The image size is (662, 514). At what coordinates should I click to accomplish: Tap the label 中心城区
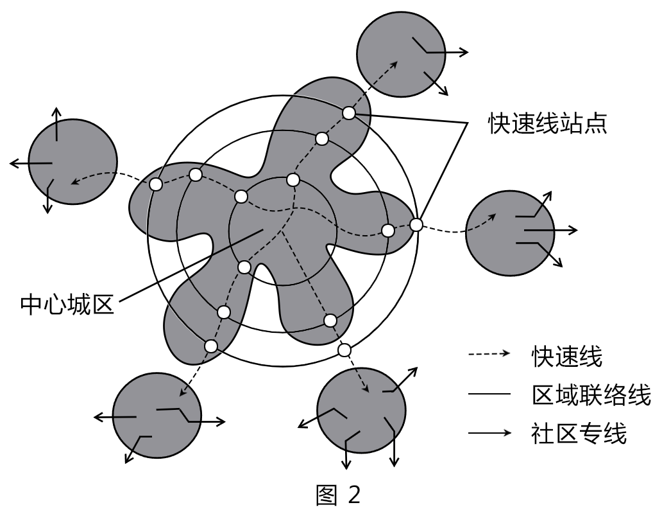(x=67, y=302)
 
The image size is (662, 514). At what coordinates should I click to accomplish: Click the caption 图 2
(x=339, y=494)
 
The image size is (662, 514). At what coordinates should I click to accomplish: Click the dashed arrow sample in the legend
(x=489, y=355)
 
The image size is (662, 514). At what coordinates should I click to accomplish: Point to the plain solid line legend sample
(x=489, y=394)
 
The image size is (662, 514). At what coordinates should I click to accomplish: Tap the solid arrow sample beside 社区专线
(x=489, y=434)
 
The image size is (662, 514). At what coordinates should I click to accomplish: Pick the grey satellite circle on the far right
(x=509, y=229)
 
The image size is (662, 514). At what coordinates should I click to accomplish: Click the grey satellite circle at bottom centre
(x=362, y=411)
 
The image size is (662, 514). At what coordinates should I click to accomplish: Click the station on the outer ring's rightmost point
(x=416, y=225)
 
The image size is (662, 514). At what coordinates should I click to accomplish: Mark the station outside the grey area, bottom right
(x=344, y=350)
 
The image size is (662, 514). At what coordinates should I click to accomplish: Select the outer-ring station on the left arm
(x=155, y=184)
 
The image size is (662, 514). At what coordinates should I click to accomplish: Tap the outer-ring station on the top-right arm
(x=348, y=112)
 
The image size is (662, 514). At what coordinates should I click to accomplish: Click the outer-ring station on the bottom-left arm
(x=211, y=345)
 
